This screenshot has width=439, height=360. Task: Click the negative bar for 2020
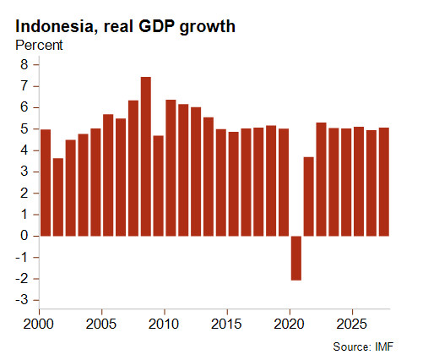(x=296, y=258)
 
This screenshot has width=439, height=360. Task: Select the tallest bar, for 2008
(x=146, y=156)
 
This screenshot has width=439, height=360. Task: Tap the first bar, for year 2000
(x=46, y=183)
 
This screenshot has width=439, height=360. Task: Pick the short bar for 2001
(x=58, y=197)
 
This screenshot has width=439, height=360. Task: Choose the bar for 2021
(x=309, y=197)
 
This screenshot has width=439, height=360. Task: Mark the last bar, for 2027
(x=384, y=182)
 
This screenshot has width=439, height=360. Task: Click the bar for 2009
(x=159, y=186)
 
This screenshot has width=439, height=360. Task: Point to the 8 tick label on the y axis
(x=24, y=65)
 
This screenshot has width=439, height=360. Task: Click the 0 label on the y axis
(x=24, y=236)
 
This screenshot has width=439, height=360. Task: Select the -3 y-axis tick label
(x=22, y=300)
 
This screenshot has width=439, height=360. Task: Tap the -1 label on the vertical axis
(x=22, y=257)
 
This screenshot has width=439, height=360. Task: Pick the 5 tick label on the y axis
(x=24, y=129)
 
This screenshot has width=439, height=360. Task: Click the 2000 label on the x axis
(x=38, y=324)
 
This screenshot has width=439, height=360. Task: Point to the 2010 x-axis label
(x=164, y=324)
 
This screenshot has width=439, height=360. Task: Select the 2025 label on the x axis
(x=352, y=324)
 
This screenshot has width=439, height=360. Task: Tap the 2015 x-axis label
(x=226, y=324)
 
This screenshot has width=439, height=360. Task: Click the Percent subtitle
(x=39, y=46)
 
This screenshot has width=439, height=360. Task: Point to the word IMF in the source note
(x=384, y=346)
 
